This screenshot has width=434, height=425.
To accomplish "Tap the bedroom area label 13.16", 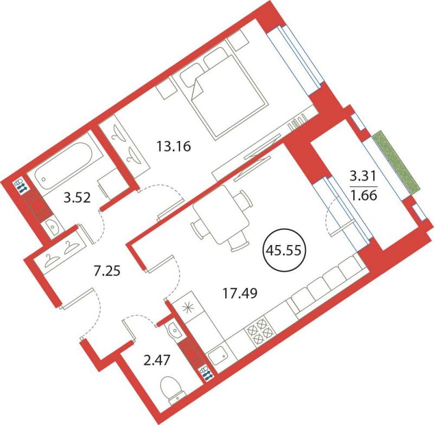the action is point(174,146).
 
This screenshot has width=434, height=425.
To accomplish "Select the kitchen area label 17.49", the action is point(240,293).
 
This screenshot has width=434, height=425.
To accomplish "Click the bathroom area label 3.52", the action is point(77,197).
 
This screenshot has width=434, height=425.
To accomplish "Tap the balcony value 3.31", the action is point(363,176).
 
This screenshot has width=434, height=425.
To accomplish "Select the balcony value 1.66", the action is point(363,196).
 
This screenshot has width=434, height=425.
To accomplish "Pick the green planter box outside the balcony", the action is point(397,161).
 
